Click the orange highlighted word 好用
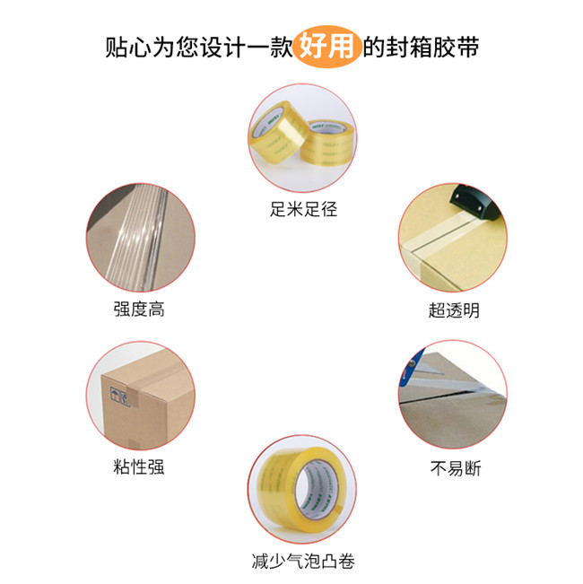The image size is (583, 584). tap(326, 47)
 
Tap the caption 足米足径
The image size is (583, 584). tap(303, 209)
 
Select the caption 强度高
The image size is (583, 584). tap(139, 309)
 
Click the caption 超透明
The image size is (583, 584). tap(454, 310)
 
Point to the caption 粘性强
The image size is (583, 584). tap(139, 466)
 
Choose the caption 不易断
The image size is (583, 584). tap(456, 468)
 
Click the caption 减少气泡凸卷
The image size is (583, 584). tap(303, 561)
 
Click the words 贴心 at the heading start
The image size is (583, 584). tap(128, 48)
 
